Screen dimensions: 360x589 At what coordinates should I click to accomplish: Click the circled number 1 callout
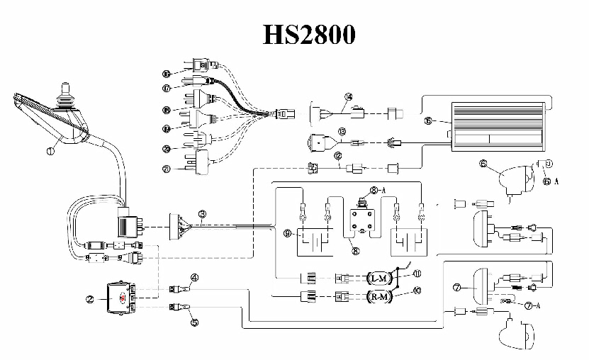50,150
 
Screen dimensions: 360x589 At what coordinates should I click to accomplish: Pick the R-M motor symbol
381,296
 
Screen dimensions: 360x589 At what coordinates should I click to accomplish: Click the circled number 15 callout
428,121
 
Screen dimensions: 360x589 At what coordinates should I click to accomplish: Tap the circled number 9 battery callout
287,232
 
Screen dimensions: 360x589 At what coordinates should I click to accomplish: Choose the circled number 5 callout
193,321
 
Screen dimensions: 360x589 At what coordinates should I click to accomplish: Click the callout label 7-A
532,305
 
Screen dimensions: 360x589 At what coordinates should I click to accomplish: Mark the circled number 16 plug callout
166,73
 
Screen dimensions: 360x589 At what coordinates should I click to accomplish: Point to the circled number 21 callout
166,169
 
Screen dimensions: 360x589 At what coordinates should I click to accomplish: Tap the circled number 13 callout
342,131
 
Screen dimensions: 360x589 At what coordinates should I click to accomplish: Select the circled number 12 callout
338,154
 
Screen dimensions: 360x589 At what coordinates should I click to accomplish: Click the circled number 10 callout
416,289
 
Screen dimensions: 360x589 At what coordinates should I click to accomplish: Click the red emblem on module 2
121,299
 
